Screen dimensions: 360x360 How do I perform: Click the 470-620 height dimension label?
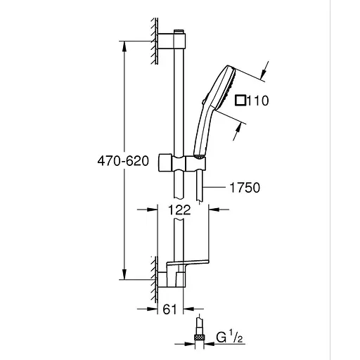click(x=123, y=160)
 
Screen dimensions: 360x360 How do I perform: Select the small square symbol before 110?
click(x=240, y=101)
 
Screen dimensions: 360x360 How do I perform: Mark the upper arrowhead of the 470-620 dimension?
click(x=124, y=44)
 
